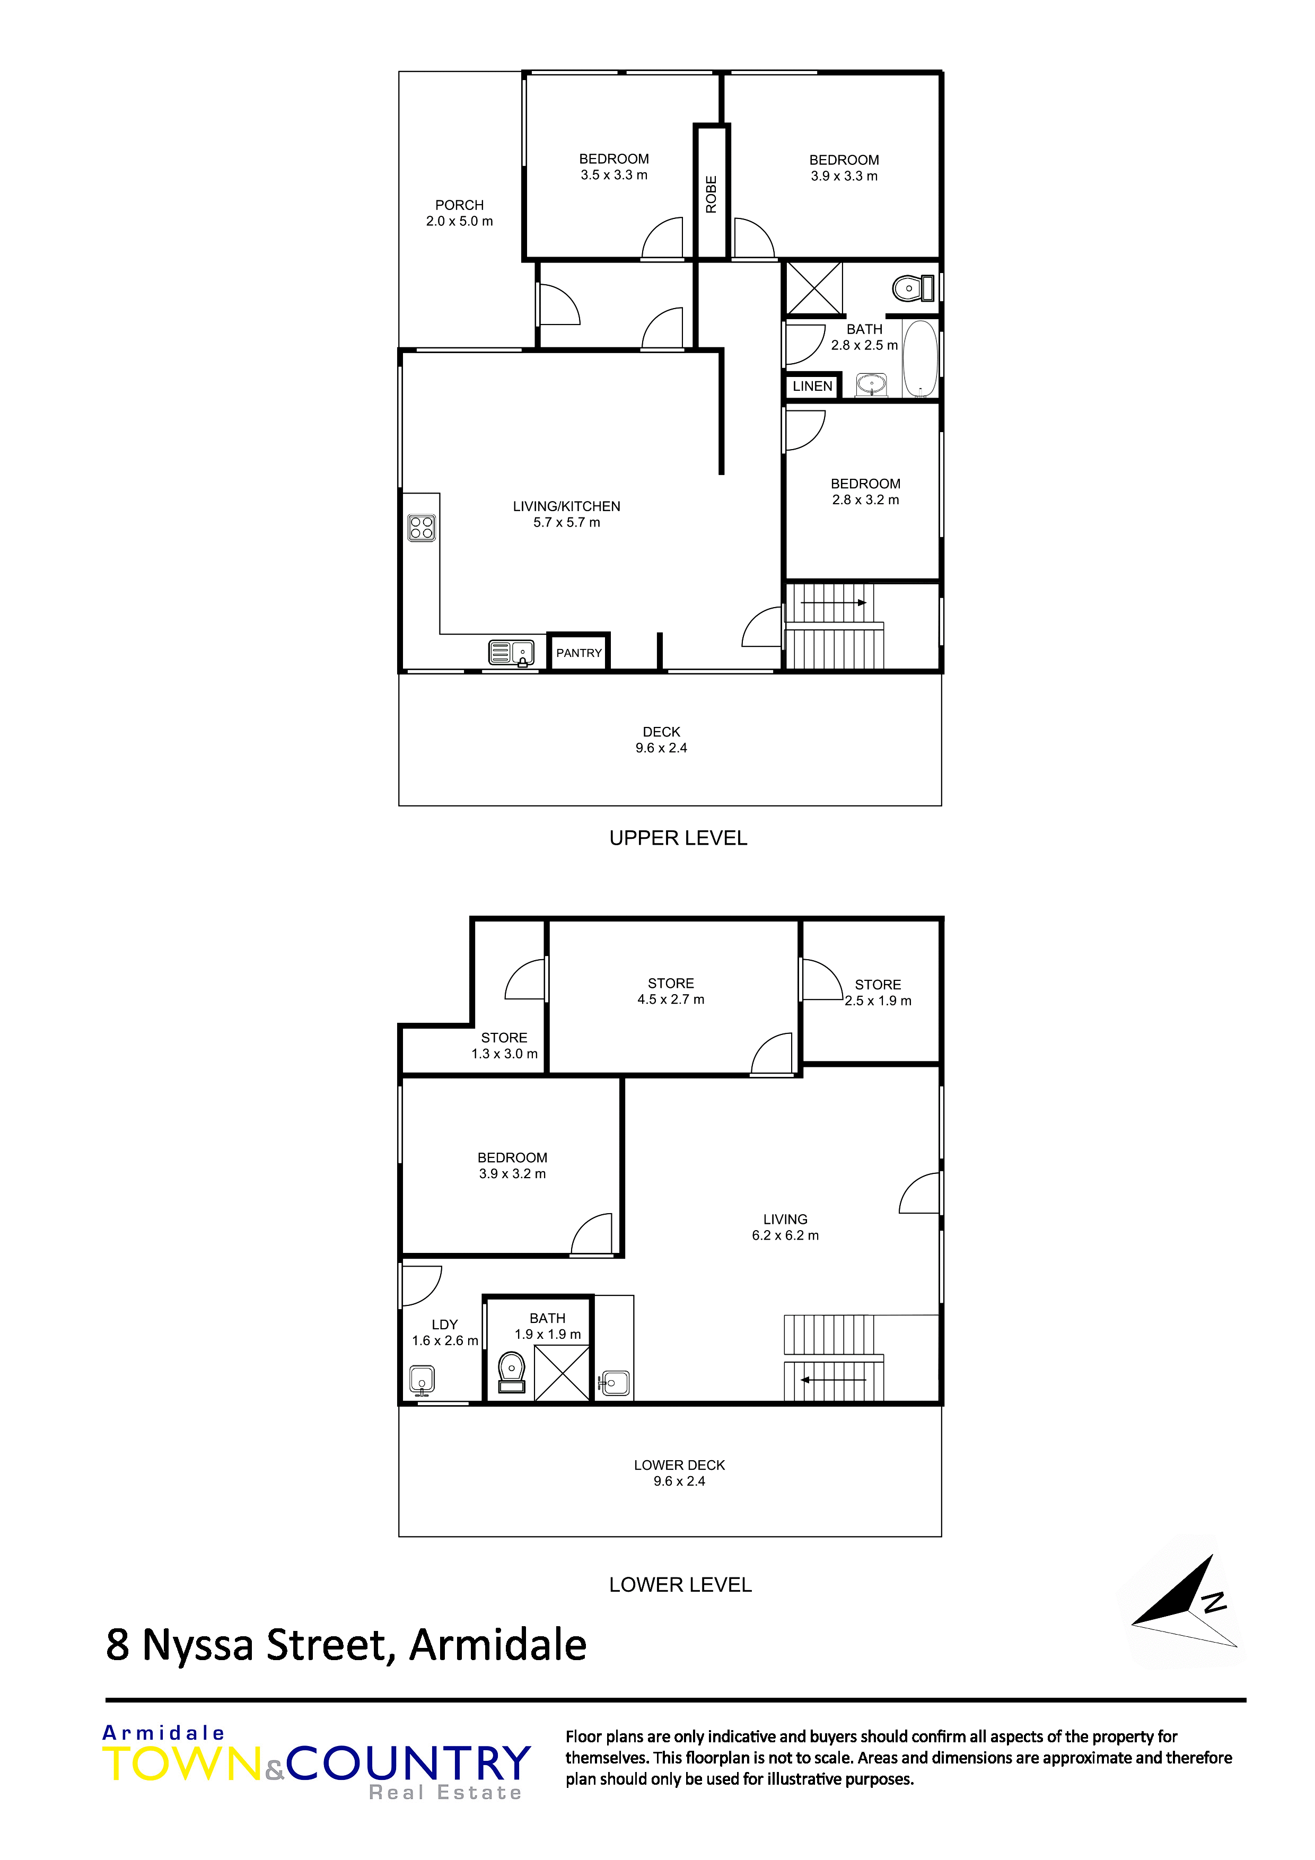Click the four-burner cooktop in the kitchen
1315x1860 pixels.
point(422,528)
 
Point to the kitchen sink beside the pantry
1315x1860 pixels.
point(511,652)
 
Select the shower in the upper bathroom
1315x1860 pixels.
point(814,287)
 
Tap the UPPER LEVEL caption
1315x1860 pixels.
point(678,838)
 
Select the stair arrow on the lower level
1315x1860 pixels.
point(834,1380)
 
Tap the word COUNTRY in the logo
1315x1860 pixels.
point(408,1763)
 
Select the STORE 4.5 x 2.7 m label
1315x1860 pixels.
point(671,991)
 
